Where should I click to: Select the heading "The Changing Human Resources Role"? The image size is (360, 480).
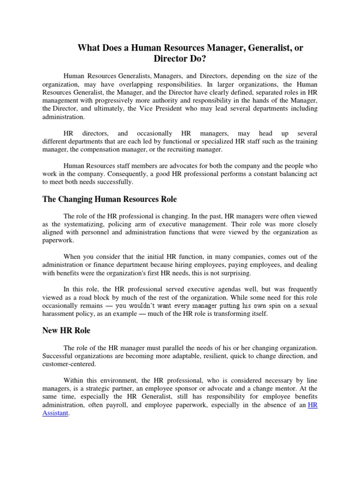[x=110, y=199]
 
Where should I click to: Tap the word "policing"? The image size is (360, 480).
[x=117, y=224]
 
